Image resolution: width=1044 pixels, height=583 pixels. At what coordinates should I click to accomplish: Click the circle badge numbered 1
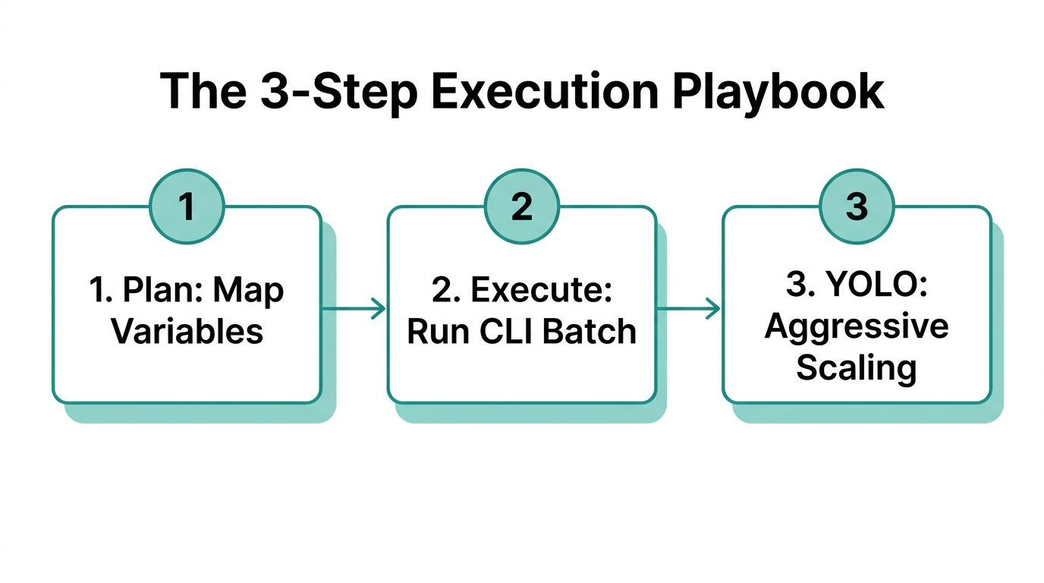pyautogui.click(x=187, y=206)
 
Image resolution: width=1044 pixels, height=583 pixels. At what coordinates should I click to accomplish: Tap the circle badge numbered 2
pyautogui.click(x=522, y=206)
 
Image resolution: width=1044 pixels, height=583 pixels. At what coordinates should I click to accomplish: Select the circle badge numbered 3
pyautogui.click(x=857, y=206)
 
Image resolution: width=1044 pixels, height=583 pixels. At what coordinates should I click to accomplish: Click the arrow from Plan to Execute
pyautogui.click(x=354, y=308)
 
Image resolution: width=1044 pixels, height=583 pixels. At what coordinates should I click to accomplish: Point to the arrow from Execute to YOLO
pyautogui.click(x=688, y=308)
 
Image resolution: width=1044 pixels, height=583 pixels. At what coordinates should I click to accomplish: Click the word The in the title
pyautogui.click(x=203, y=93)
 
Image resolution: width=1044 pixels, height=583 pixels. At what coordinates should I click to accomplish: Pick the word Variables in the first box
pyautogui.click(x=187, y=332)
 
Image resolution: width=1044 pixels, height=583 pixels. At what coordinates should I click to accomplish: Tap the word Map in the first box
pyautogui.click(x=249, y=291)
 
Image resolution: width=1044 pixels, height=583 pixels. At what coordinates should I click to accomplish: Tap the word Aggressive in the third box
pyautogui.click(x=857, y=326)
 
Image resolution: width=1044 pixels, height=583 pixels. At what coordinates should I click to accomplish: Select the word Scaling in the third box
pyautogui.click(x=857, y=367)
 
